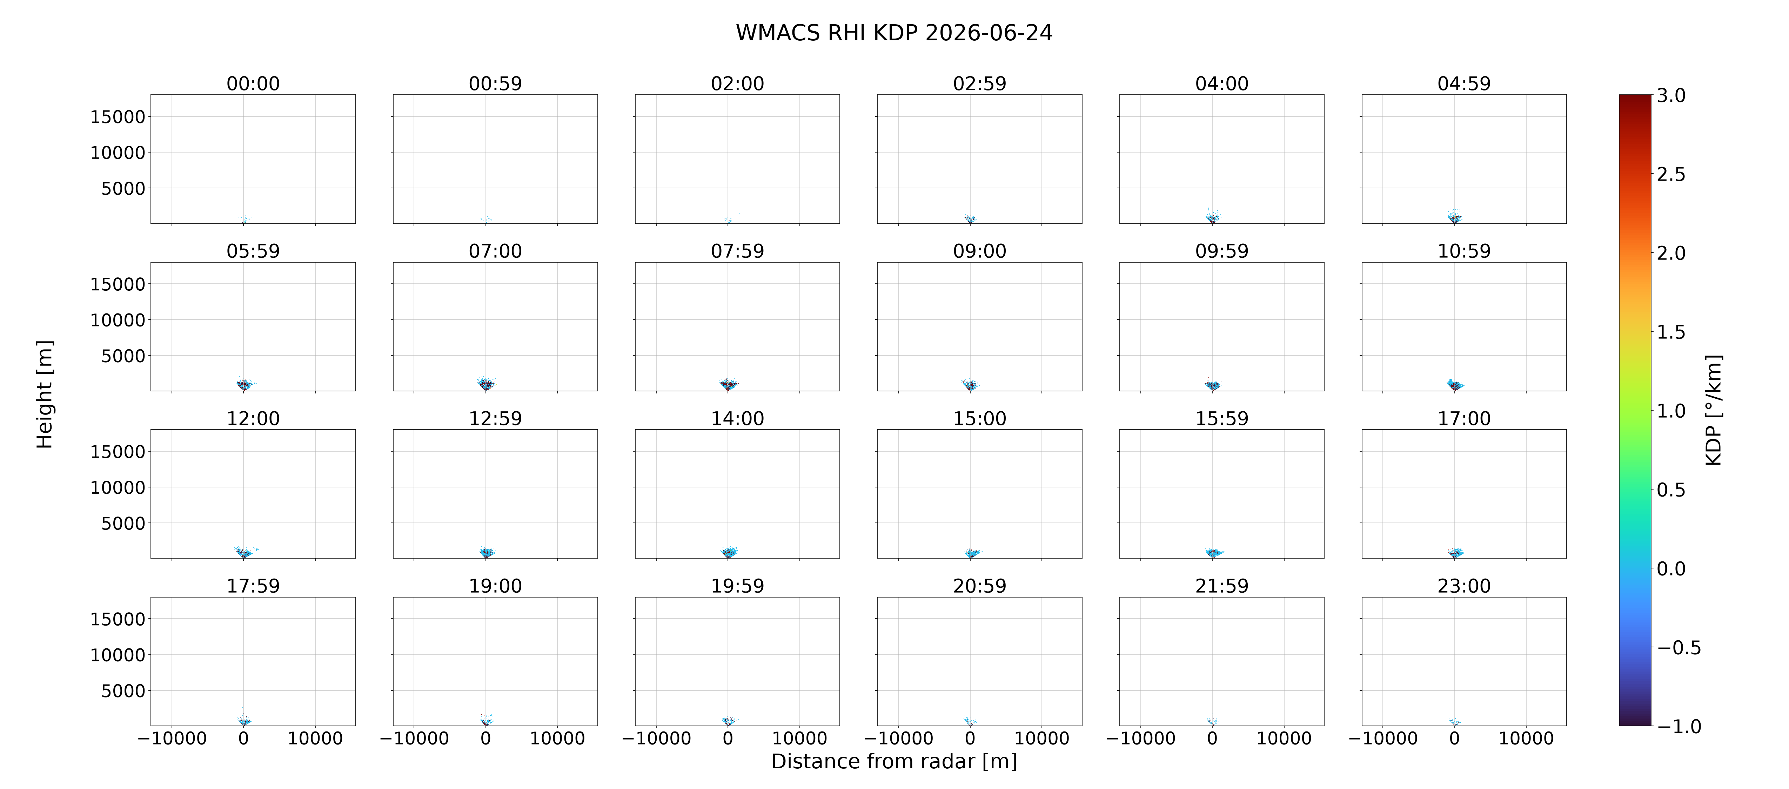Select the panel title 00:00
(253, 84)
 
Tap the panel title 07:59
(737, 251)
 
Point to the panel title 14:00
(737, 419)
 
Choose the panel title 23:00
(1464, 586)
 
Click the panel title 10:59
(1464, 251)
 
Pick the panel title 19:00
(495, 586)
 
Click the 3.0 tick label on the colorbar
(1671, 96)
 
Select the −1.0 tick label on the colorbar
(1679, 727)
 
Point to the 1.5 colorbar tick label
(1671, 332)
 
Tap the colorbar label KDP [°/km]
(1713, 410)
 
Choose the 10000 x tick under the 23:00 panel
(1526, 738)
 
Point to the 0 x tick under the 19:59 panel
(728, 738)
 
